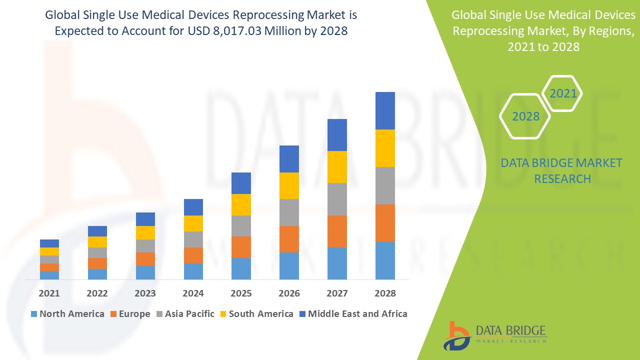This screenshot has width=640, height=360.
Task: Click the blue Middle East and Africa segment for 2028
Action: (385, 110)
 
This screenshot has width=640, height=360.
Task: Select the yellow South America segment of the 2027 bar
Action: (337, 166)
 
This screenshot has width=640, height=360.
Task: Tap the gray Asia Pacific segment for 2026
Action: (289, 212)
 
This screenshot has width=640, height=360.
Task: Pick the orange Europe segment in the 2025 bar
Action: (241, 247)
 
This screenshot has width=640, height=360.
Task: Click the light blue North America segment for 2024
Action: (193, 271)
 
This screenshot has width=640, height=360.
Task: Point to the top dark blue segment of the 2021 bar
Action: (49, 243)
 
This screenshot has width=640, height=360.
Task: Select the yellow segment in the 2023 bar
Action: (145, 232)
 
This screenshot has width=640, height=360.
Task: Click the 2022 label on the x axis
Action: (97, 293)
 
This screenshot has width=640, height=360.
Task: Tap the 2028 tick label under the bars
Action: (385, 293)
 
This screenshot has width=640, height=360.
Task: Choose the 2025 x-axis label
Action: (241, 293)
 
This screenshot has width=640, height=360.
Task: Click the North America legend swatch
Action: (34, 314)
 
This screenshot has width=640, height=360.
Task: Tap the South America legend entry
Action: (260, 314)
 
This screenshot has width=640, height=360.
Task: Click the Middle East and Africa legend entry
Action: (357, 314)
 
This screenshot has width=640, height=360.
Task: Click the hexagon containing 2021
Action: (562, 93)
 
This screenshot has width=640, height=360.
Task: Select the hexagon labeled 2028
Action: (525, 116)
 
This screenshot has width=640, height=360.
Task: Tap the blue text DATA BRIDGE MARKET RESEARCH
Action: (562, 170)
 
